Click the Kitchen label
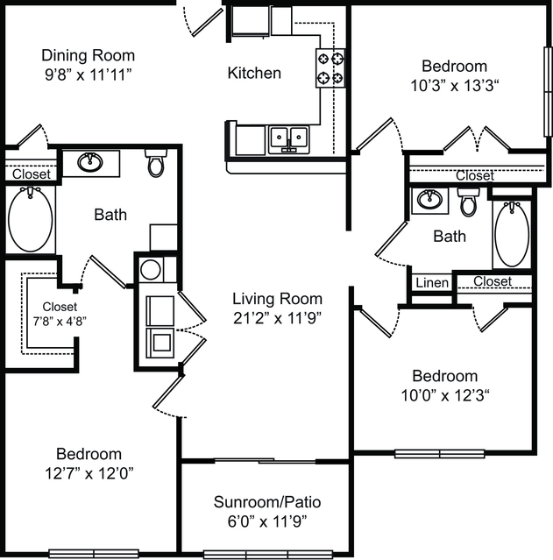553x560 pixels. coord(254,73)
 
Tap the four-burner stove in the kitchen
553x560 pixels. coord(330,67)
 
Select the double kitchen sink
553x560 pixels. coord(289,139)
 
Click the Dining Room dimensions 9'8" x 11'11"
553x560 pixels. coord(89,75)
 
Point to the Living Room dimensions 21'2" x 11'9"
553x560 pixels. coord(277,318)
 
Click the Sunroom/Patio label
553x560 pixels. coord(267,502)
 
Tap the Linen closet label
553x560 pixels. coord(432,283)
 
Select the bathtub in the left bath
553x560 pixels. coord(31,220)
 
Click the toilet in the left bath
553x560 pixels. coord(156,163)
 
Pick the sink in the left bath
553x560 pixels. coord(90,162)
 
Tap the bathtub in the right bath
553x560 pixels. coord(512,234)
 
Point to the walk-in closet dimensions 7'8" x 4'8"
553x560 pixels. coord(60,322)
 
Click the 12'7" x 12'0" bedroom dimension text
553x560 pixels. coord(89,473)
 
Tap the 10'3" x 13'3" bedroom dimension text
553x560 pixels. coord(454,86)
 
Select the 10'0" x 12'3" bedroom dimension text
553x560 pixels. coord(445,395)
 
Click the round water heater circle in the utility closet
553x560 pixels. coord(151,270)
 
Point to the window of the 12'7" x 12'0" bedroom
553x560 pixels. coord(94,554)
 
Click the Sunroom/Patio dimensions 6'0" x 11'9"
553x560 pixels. coord(267,521)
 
